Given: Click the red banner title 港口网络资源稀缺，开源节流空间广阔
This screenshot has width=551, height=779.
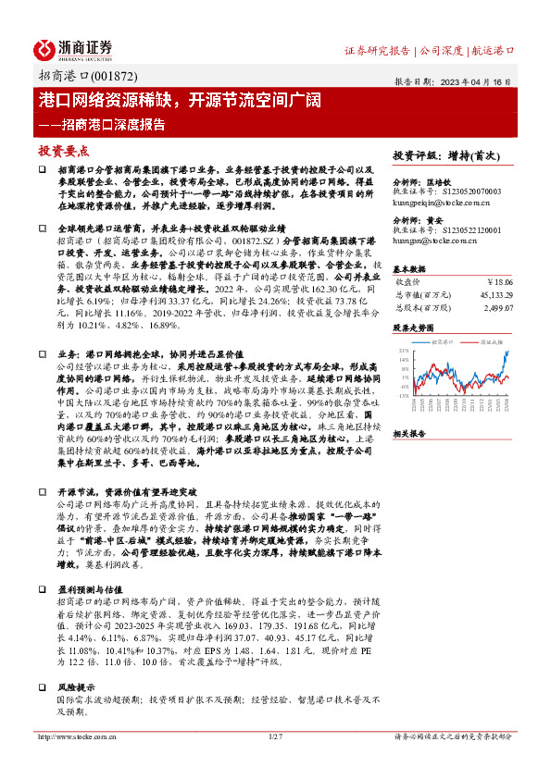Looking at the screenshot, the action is (166, 101).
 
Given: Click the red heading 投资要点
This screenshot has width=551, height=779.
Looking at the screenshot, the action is (63, 150).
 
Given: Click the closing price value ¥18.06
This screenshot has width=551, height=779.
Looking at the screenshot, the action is (500, 281).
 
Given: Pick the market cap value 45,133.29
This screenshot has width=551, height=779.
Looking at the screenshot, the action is (495, 294).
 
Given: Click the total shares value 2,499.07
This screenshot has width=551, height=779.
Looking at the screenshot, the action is (497, 307).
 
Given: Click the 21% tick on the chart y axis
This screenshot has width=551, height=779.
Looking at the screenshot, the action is (402, 351).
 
